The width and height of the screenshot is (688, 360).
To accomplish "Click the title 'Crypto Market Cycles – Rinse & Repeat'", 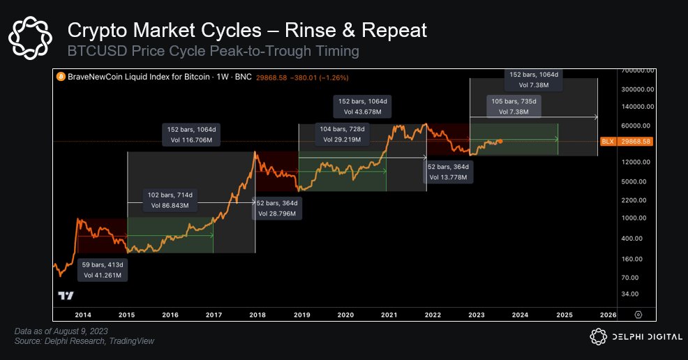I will (246, 30).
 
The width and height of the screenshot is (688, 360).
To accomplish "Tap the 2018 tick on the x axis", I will (257, 315).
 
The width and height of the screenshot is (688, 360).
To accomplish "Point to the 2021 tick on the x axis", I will (389, 315).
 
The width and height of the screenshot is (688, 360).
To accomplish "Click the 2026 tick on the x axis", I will (608, 315).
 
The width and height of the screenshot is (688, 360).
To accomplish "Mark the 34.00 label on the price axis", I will (641, 294).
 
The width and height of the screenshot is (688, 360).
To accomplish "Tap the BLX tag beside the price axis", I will (607, 142).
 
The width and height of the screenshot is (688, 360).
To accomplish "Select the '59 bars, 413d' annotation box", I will (103, 270).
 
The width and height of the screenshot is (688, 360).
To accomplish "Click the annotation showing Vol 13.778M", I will (449, 172).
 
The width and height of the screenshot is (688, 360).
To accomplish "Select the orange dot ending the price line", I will (500, 141).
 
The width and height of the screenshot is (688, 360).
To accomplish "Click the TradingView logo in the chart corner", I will (66, 296).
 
